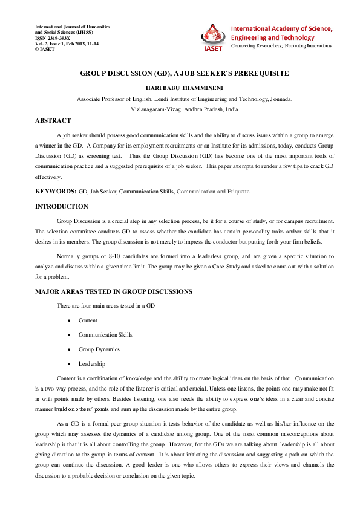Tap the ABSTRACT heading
point(53,121)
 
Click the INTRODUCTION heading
point(62,207)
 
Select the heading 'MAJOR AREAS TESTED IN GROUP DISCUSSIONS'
point(114,292)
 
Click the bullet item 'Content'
point(88,320)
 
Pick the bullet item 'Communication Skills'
point(105,335)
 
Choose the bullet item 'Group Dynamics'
point(99,349)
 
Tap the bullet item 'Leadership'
point(91,364)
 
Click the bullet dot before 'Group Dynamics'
point(71,349)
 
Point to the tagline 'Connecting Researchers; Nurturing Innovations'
point(282,46)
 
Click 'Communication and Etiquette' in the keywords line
point(213,191)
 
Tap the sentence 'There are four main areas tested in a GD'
point(106,306)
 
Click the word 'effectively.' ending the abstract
point(48,177)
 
